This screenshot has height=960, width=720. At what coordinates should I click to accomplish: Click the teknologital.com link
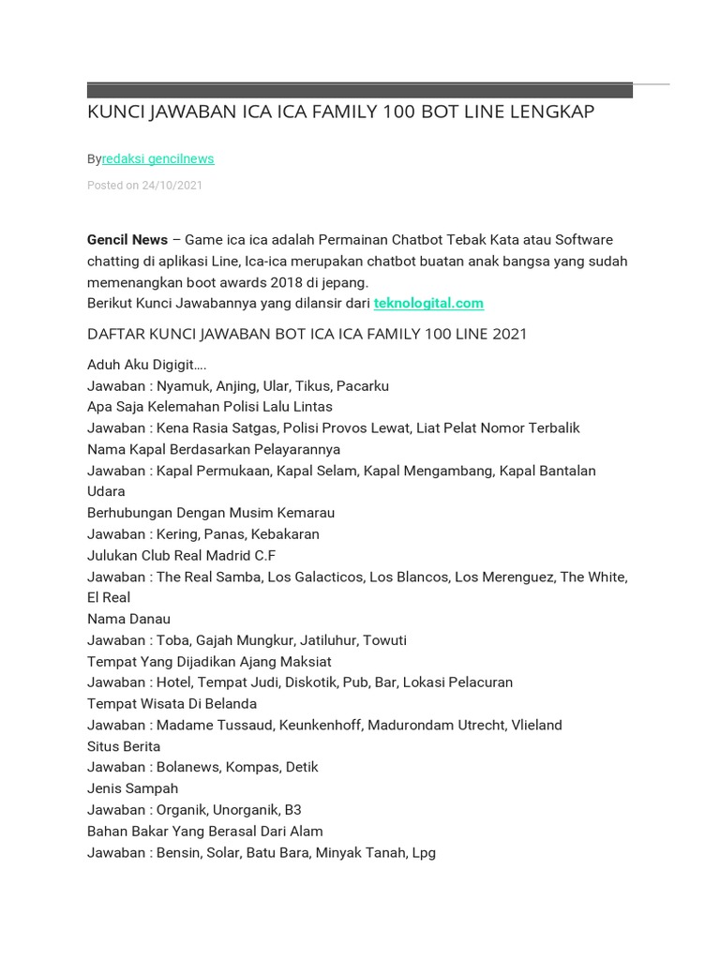[428, 303]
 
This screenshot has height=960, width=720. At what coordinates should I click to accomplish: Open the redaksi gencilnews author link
[157, 159]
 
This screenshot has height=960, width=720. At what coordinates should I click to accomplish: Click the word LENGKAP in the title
[552, 112]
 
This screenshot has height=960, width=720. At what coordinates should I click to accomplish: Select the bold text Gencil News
[127, 240]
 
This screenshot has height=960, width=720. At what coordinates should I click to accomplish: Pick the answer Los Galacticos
[316, 577]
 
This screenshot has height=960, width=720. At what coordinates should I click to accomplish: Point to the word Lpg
[424, 853]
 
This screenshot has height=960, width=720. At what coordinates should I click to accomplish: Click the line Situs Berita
[124, 746]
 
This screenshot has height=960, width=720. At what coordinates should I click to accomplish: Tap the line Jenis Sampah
[132, 788]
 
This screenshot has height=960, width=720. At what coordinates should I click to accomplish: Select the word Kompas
[258, 767]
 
